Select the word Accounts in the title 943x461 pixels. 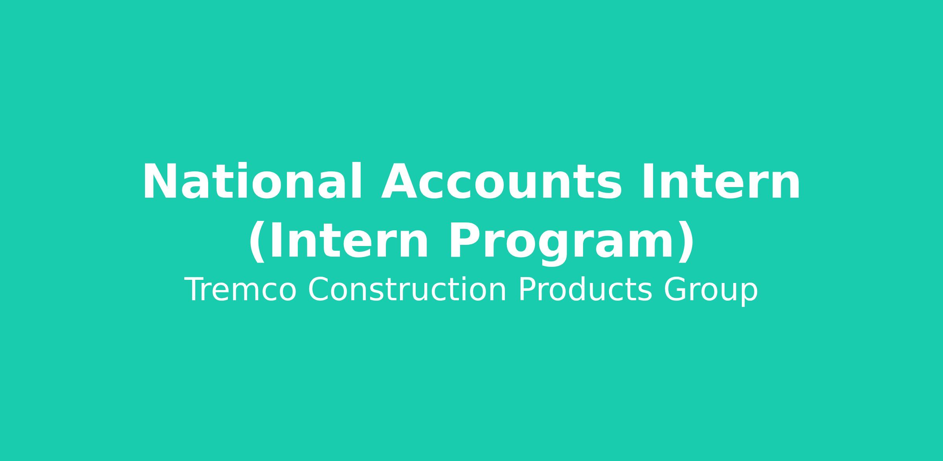[501, 182]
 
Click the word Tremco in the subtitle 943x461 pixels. [240, 290]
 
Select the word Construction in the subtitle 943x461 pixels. [407, 290]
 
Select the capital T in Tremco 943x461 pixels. [195, 290]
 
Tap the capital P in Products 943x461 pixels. [528, 290]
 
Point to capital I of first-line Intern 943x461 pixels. [647, 181]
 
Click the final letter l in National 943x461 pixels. [356, 180]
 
